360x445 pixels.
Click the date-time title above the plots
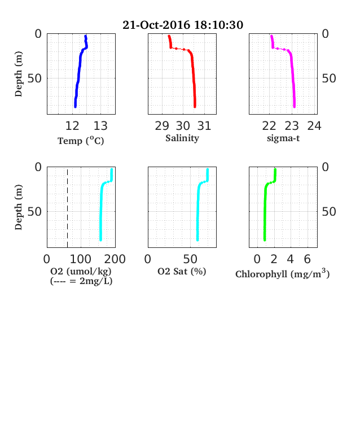click(183, 25)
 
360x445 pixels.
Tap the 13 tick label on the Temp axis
click(100, 126)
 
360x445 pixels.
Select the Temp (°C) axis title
click(81, 141)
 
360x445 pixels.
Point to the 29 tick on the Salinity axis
click(162, 126)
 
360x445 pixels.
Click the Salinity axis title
click(182, 138)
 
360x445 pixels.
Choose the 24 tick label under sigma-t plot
click(314, 126)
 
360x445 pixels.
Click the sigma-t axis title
click(283, 138)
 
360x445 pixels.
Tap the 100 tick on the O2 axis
click(81, 259)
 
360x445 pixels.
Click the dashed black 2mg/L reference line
click(68, 207)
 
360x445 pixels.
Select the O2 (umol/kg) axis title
click(81, 271)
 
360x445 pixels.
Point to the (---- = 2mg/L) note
click(81, 281)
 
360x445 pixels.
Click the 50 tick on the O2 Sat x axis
click(190, 259)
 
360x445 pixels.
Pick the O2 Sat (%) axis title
click(182, 271)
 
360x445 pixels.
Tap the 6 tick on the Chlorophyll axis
click(308, 259)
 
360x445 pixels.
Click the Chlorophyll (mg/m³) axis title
click(283, 273)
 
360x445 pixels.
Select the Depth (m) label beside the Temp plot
click(19, 74)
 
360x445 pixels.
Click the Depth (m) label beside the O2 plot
click(19, 207)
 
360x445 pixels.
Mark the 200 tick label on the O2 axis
click(115, 259)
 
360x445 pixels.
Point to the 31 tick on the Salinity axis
click(204, 126)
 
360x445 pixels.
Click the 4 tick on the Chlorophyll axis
click(290, 259)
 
